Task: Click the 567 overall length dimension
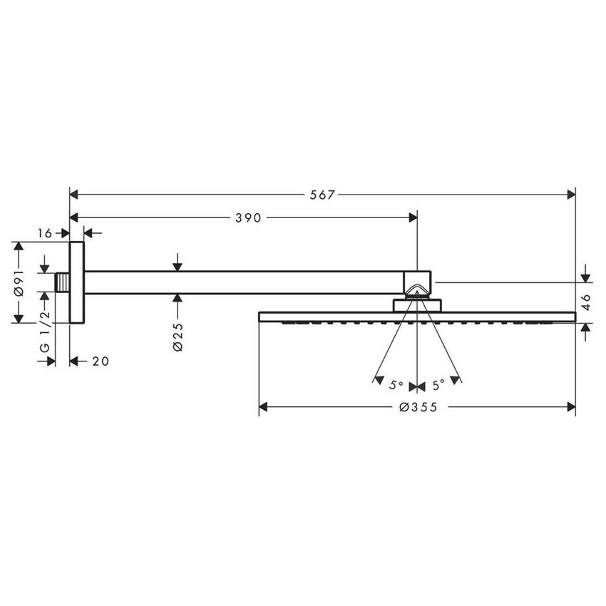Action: click(x=323, y=195)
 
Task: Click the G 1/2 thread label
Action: click(x=43, y=333)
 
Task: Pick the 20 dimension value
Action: click(x=101, y=361)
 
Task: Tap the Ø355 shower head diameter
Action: click(x=418, y=407)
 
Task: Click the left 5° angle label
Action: click(x=396, y=385)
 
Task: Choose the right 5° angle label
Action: click(x=437, y=385)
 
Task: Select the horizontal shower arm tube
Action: click(x=242, y=282)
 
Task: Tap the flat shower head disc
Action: click(x=418, y=316)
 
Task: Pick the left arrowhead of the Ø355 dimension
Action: click(x=263, y=407)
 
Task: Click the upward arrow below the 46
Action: click(x=586, y=329)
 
